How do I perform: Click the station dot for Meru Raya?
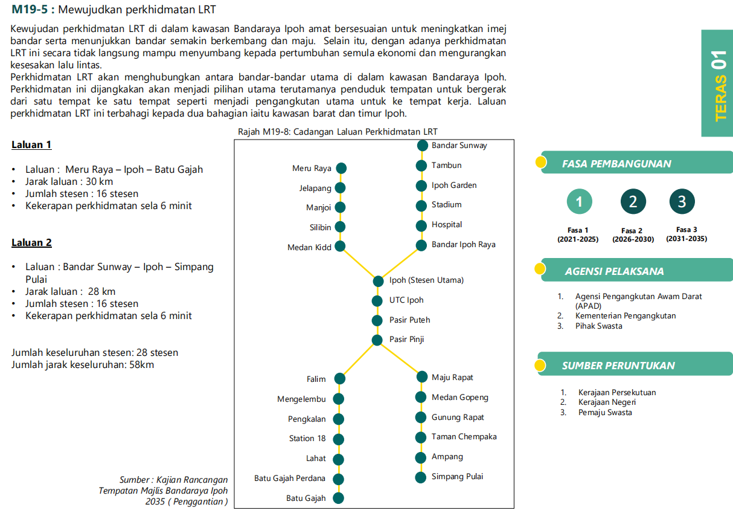pos(341,168)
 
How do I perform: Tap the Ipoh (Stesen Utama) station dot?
pos(378,281)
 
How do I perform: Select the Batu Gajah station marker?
pos(338,498)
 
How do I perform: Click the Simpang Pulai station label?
pos(457,477)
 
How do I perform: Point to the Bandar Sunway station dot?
pos(422,146)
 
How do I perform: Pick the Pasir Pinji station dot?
pos(377,340)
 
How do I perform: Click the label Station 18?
pos(307,439)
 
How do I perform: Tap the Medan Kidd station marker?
pos(340,246)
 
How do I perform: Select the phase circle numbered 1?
pos(580,202)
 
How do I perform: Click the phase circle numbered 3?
pos(682,202)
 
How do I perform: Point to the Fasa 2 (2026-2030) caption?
pos(633,235)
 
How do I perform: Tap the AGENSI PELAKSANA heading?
pos(614,271)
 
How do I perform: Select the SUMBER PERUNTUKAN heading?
pos(618,366)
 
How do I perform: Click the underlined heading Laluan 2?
pos(31,243)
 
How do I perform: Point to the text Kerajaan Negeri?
pos(607,402)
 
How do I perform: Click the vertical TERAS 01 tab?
pos(719,85)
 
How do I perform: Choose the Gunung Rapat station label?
pos(458,418)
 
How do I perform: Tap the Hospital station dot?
pos(421,225)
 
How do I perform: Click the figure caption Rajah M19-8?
pos(338,132)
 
